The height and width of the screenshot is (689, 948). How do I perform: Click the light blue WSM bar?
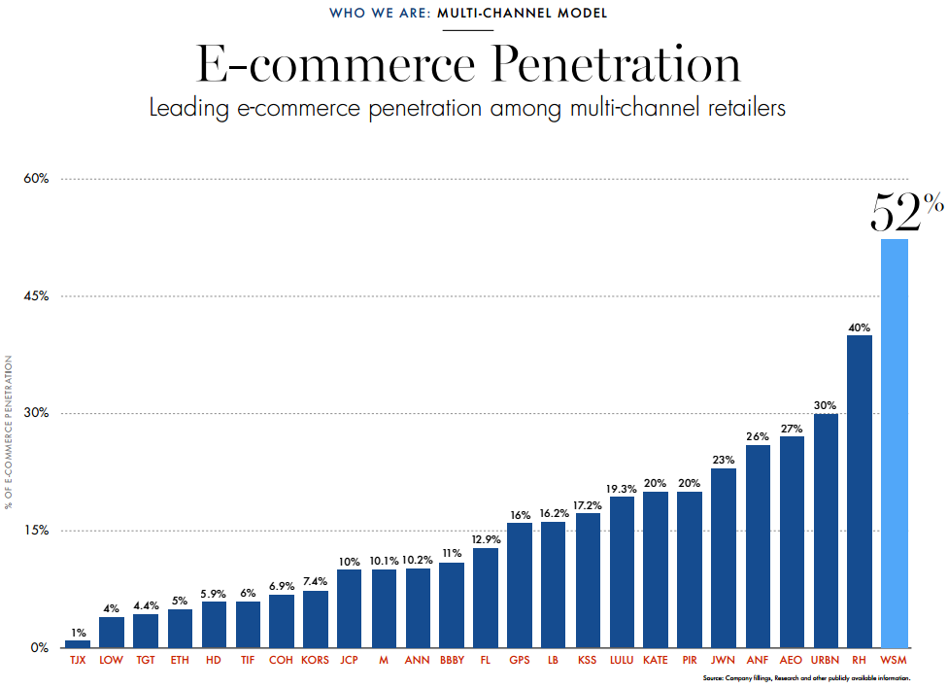pos(894,443)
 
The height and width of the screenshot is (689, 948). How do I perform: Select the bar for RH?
pos(860,491)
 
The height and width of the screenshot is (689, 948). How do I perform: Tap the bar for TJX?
pos(78,643)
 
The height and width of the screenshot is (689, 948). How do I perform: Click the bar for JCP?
pos(350,608)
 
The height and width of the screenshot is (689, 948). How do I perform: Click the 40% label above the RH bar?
pos(860,327)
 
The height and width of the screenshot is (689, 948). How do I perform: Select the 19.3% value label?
pos(622,489)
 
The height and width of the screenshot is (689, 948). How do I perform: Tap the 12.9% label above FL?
pos(486,539)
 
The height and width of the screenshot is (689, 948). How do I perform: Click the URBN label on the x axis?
pos(826,660)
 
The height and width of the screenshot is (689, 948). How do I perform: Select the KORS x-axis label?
pos(316,660)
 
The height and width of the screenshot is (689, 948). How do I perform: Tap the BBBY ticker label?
pos(452,660)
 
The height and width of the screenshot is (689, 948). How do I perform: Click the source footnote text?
pos(806,677)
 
